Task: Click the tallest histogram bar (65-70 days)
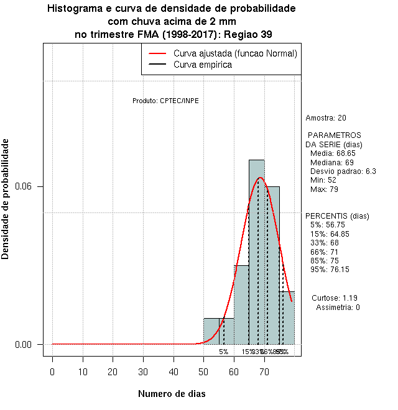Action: pyautogui.click(x=256, y=261)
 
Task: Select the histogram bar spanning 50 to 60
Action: pyautogui.click(x=218, y=332)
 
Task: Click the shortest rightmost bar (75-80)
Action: pyautogui.click(x=287, y=320)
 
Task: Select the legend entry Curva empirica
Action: pyautogui.click(x=203, y=65)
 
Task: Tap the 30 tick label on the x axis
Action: pyautogui.click(x=143, y=371)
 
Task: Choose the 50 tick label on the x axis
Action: pyautogui.click(x=203, y=371)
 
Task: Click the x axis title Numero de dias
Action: pyautogui.click(x=172, y=394)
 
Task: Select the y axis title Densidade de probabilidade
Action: pyautogui.click(x=6, y=199)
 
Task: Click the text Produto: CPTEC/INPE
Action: pyautogui.click(x=166, y=101)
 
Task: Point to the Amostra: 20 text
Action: pyautogui.click(x=326, y=117)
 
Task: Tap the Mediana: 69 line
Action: pyautogui.click(x=331, y=162)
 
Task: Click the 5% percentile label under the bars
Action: pyautogui.click(x=223, y=352)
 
